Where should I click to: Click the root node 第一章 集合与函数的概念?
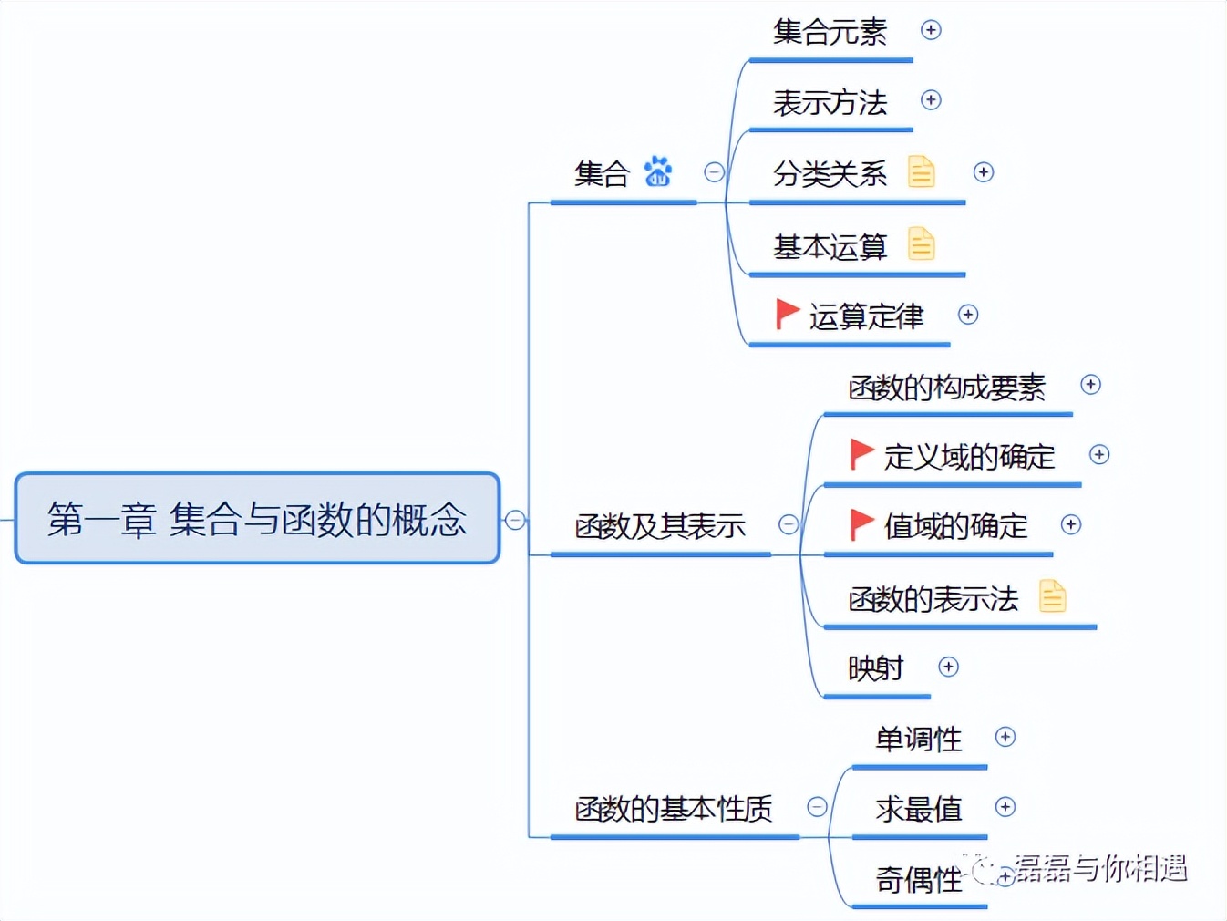click(x=257, y=518)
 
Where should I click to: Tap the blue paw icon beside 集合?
click(x=657, y=171)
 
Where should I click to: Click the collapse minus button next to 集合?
click(x=714, y=171)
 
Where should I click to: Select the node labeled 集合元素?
click(x=830, y=32)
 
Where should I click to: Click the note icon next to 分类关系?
click(x=921, y=171)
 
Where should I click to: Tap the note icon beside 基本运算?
click(x=921, y=243)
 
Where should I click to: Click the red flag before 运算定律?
click(x=786, y=314)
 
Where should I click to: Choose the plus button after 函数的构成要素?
click(x=1090, y=385)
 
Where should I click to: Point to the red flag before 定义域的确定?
click(x=861, y=453)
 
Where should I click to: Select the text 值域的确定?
click(x=955, y=526)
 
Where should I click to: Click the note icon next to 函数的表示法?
click(x=1052, y=596)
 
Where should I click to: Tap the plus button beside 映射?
click(x=948, y=667)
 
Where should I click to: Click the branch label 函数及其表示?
click(x=660, y=526)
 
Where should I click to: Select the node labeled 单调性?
click(x=918, y=739)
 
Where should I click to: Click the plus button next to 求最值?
click(x=1005, y=807)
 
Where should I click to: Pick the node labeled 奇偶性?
click(x=918, y=880)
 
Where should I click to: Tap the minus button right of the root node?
click(x=515, y=520)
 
